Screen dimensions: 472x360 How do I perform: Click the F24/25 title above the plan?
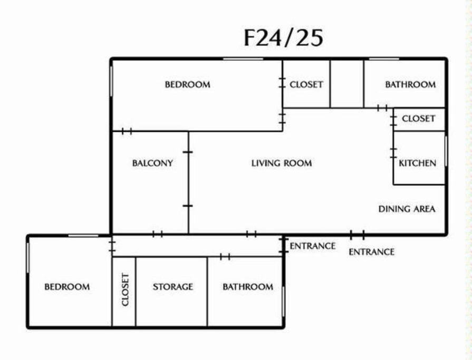click(x=283, y=38)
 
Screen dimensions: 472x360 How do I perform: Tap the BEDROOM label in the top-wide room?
click(x=188, y=84)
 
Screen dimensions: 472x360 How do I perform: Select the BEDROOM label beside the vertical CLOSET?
click(x=67, y=287)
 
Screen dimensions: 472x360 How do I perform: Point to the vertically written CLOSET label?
click(x=125, y=289)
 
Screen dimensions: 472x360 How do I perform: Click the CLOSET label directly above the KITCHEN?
click(x=418, y=119)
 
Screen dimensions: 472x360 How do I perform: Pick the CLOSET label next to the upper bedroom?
click(x=306, y=84)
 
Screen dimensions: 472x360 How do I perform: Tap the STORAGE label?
click(x=173, y=287)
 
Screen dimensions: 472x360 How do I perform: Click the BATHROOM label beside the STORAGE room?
click(x=248, y=287)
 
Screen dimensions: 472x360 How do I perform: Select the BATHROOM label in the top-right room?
click(x=411, y=84)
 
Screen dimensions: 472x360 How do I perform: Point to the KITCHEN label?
click(x=418, y=163)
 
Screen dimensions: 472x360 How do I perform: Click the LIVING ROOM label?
click(x=282, y=163)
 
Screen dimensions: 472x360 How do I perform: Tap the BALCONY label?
click(x=152, y=163)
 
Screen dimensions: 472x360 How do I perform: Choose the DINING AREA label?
click(x=407, y=209)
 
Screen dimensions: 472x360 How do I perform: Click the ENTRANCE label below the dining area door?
click(x=371, y=252)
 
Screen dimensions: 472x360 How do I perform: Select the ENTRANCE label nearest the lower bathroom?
click(x=312, y=246)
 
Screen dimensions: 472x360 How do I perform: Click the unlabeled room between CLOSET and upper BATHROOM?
click(x=347, y=84)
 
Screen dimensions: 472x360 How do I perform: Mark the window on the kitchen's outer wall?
click(x=446, y=151)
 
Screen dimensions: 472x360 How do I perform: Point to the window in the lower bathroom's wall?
click(x=283, y=301)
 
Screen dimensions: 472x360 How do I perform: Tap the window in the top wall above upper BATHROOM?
click(x=384, y=59)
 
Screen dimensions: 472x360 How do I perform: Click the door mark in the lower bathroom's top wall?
click(x=225, y=257)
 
